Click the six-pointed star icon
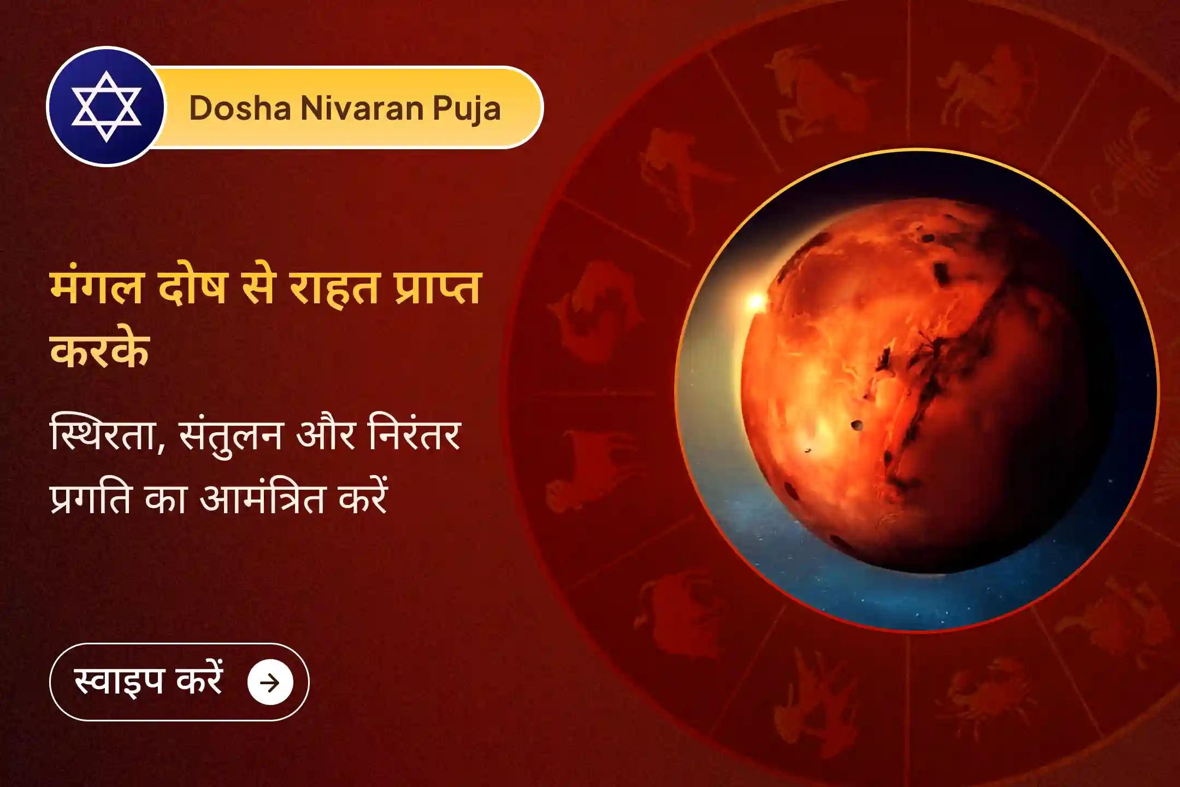(x=106, y=107)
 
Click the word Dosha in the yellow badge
(x=240, y=108)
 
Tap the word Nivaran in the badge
(x=361, y=108)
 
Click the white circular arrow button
(x=270, y=682)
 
